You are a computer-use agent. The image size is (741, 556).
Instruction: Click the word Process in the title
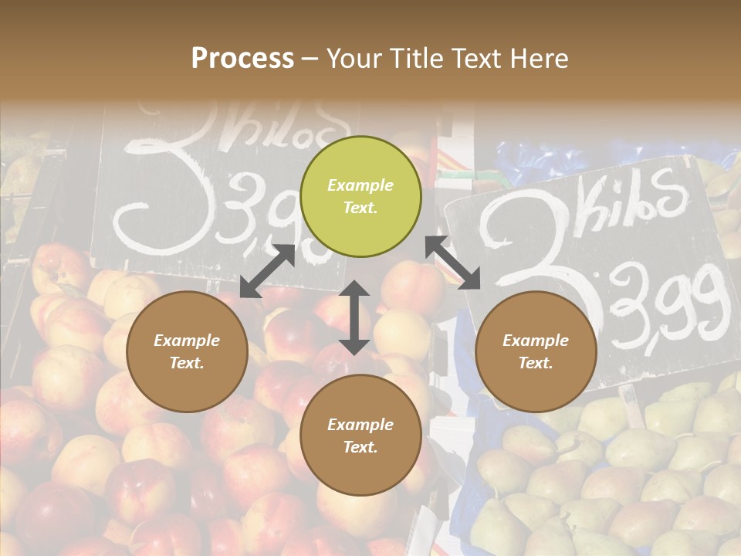pos(242,59)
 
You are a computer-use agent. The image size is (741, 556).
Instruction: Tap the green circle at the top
pos(360,196)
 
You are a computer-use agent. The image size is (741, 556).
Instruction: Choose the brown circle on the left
pos(187,351)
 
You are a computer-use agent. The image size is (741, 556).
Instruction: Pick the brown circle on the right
pos(536,351)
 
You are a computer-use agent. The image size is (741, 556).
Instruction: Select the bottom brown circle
pos(360,436)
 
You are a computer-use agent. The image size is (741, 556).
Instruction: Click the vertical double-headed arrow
pos(354,317)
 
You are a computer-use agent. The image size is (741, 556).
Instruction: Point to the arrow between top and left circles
pos(268,270)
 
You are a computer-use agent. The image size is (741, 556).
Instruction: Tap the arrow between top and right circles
pos(452,262)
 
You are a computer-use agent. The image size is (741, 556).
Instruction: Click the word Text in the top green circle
pos(360,208)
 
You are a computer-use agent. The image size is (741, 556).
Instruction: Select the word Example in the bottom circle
pos(360,425)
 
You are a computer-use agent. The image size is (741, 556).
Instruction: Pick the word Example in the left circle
pos(187,341)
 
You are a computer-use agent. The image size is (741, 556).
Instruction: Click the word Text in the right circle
pos(536,363)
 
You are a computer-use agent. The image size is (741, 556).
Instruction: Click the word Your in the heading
pos(353,59)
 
